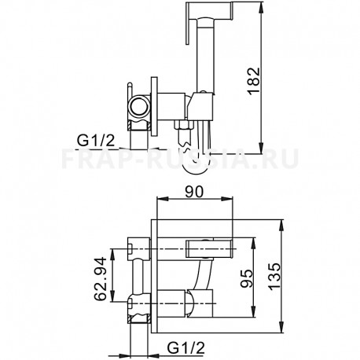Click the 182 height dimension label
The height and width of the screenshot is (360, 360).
(x=253, y=81)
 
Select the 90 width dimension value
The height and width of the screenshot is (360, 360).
(x=194, y=192)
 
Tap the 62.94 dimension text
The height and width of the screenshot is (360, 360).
(x=101, y=278)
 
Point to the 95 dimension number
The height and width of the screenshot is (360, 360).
(x=247, y=278)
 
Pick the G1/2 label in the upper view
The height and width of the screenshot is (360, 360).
(x=96, y=141)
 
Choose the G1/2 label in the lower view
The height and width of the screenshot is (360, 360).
(x=186, y=348)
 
